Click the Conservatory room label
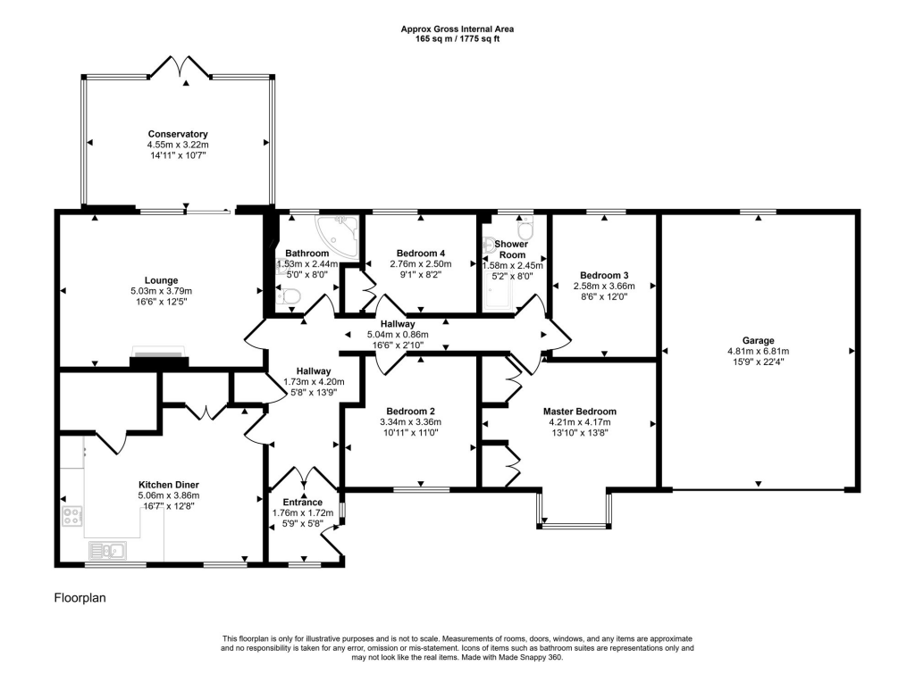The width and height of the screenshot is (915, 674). tap(178, 135)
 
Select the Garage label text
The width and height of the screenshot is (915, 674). tap(758, 340)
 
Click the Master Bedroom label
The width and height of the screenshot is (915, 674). tap(580, 412)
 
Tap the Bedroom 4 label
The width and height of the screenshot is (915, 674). tap(421, 253)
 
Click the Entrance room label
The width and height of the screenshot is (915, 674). tap(302, 502)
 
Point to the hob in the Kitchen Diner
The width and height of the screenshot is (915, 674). tap(72, 516)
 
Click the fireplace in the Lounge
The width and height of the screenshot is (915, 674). tap(160, 357)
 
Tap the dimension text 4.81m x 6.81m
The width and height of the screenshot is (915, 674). tap(758, 352)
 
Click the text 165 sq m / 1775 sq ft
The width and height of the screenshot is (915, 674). tap(457, 39)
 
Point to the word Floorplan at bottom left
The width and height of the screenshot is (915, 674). tap(80, 598)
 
